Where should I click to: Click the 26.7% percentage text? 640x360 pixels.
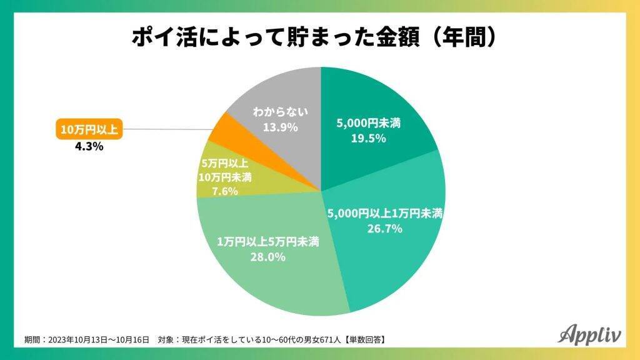click(x=385, y=229)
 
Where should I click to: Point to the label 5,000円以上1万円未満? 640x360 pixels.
click(x=385, y=214)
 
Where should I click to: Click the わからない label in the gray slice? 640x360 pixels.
click(x=279, y=112)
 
